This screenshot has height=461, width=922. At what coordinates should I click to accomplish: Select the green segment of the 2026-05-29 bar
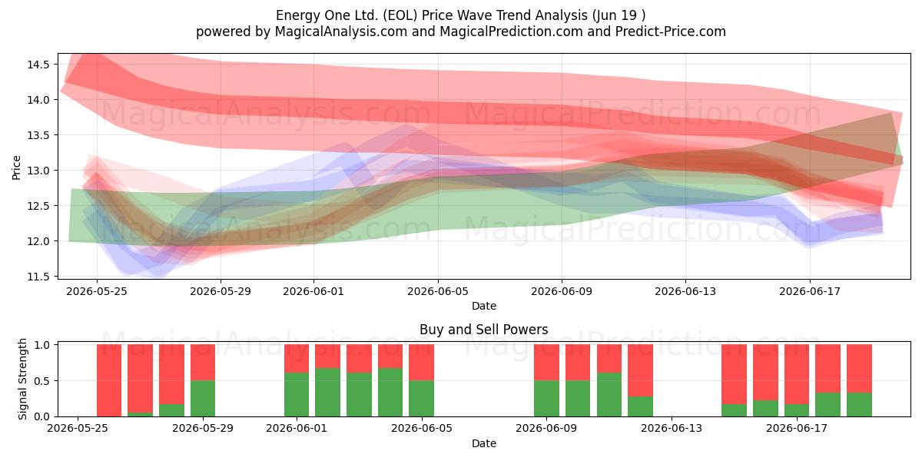pyautogui.click(x=203, y=399)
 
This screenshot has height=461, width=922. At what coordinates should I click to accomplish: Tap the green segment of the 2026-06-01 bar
pyautogui.click(x=297, y=395)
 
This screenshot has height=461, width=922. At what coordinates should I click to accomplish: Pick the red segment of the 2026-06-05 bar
pyautogui.click(x=422, y=363)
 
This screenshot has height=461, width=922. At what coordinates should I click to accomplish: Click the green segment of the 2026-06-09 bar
pyautogui.click(x=546, y=399)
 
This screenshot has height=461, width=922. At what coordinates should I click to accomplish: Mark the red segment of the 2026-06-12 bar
pyautogui.click(x=641, y=370)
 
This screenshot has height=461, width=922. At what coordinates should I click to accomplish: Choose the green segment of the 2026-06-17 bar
pyautogui.click(x=797, y=410)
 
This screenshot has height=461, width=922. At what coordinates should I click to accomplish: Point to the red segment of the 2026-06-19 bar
pyautogui.click(x=859, y=369)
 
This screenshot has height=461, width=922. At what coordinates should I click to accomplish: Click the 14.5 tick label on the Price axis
pyautogui.click(x=38, y=65)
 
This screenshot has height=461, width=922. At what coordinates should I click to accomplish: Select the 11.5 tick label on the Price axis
pyautogui.click(x=38, y=277)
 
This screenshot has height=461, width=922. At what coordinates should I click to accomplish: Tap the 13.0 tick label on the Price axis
pyautogui.click(x=38, y=171)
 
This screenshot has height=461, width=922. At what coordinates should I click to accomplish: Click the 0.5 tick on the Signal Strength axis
pyautogui.click(x=41, y=381)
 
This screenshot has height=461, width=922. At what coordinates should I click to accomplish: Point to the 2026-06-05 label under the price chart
pyautogui.click(x=438, y=291)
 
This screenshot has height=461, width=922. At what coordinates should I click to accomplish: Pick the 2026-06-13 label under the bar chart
pyautogui.click(x=672, y=428)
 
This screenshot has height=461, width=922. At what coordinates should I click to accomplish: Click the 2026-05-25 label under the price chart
pyautogui.click(x=97, y=291)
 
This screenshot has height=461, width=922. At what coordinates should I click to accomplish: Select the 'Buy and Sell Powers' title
pyautogui.click(x=484, y=330)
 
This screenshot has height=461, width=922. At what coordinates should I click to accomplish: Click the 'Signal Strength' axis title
pyautogui.click(x=22, y=379)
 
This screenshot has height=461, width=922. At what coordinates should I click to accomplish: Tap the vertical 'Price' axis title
pyautogui.click(x=16, y=167)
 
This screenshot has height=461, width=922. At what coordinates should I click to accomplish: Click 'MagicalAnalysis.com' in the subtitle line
pyautogui.click(x=341, y=32)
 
